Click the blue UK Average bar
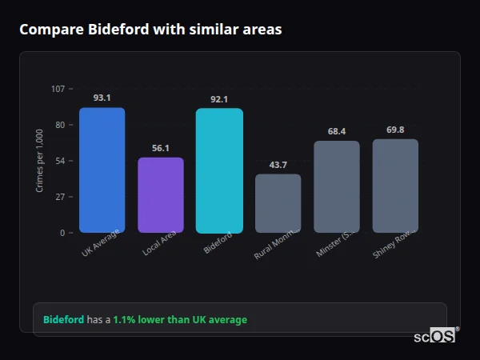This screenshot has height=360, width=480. pos(102,170)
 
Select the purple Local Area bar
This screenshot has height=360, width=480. pos(161,195)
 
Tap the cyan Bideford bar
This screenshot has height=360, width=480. pos(219,171)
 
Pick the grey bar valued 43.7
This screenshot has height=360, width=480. pos(278,203)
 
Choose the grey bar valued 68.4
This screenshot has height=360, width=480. pos(337,186)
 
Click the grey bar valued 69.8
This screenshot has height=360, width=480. pos(395,186)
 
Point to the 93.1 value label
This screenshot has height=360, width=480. pos(102,98)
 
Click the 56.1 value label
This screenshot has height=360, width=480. pos(161,148)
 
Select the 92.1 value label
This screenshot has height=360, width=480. pos(219,99)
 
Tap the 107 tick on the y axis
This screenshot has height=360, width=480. pos(58,88)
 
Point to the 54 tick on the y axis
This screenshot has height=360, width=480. pos(60,161)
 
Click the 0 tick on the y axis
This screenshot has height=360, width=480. pos(62,233)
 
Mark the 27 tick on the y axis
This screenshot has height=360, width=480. pos(60,197)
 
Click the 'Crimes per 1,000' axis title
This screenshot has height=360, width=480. pos(40,160)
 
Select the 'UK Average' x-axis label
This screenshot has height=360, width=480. pos(101,243)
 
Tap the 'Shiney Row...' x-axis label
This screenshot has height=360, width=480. pos(393,244)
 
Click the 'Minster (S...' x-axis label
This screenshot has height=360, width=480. pos(334,244)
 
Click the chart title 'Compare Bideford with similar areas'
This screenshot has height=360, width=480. pos(150,30)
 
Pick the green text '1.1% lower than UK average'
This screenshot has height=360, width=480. pos(180,320)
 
